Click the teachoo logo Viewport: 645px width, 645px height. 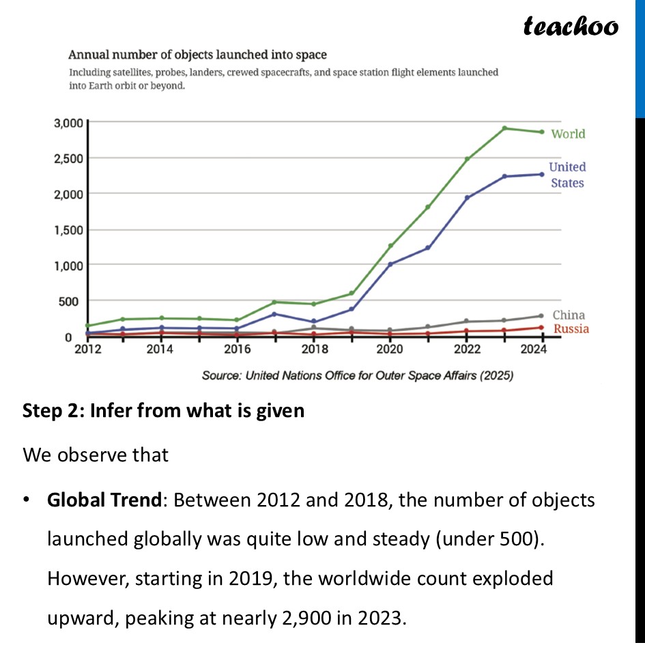(x=571, y=27)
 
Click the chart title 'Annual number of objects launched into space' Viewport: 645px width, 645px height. (x=197, y=55)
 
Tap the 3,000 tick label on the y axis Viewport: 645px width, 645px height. (x=68, y=124)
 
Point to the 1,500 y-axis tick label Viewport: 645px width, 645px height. (x=68, y=230)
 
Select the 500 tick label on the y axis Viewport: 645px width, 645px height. (x=72, y=301)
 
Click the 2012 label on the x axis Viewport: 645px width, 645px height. (x=88, y=349)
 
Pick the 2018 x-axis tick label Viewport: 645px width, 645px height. (x=315, y=349)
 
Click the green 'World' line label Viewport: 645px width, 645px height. (x=568, y=134)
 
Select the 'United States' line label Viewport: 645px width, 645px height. (x=567, y=175)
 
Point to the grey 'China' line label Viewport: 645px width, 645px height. (x=569, y=315)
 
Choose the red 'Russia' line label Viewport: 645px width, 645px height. (x=571, y=329)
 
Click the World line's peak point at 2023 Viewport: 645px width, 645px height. (x=504, y=128)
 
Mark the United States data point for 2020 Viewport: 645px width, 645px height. (x=390, y=264)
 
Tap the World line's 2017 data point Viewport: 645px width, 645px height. (x=274, y=302)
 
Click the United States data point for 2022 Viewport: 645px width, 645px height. (x=467, y=198)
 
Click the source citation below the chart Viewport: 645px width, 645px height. (x=358, y=375)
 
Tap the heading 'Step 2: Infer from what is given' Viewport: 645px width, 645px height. (x=163, y=412)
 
